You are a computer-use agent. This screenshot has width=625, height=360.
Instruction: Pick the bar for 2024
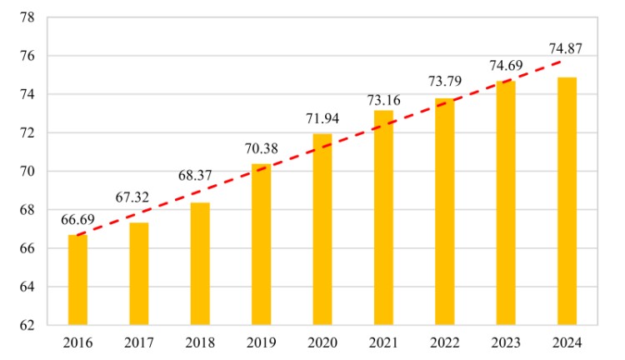point(567,201)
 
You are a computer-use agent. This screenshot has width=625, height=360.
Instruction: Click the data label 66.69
point(77,221)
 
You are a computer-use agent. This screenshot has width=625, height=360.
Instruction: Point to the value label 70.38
point(261,150)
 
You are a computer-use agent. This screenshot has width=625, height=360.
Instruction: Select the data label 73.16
point(383,100)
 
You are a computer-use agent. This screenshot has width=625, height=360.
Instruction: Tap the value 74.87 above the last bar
point(565,47)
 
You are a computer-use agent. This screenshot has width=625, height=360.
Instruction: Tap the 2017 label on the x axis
point(138,342)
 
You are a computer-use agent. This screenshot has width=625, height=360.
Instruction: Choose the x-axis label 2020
point(322,342)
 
